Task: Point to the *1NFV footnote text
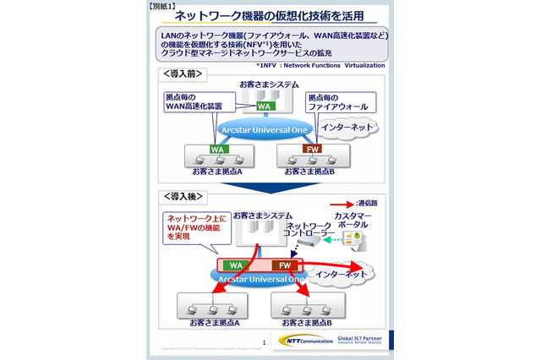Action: click(x=320, y=65)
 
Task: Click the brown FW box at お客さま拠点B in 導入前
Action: click(x=312, y=150)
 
